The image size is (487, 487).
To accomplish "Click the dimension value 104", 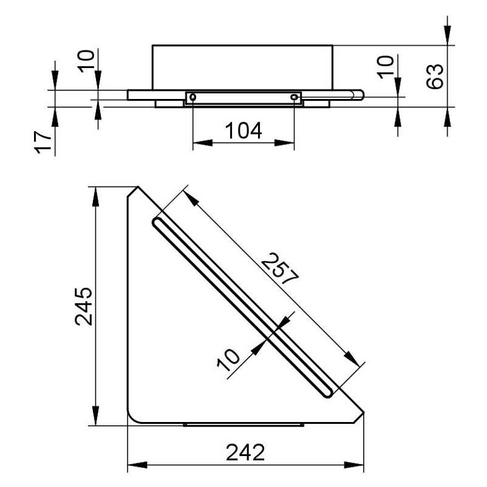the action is pyautogui.click(x=243, y=131).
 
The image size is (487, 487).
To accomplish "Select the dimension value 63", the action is pyautogui.click(x=435, y=77).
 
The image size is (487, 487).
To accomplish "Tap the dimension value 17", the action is pyautogui.click(x=43, y=142).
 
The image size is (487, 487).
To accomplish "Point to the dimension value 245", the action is pyautogui.click(x=84, y=306).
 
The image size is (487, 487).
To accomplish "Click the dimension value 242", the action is pyautogui.click(x=245, y=452).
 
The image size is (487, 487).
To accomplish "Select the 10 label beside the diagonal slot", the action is pyautogui.click(x=228, y=359).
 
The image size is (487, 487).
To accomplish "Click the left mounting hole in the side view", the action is pyautogui.click(x=192, y=98).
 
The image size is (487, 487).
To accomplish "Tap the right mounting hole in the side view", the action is pyautogui.click(x=294, y=98).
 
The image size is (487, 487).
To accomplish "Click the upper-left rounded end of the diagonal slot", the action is pyautogui.click(x=157, y=223).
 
